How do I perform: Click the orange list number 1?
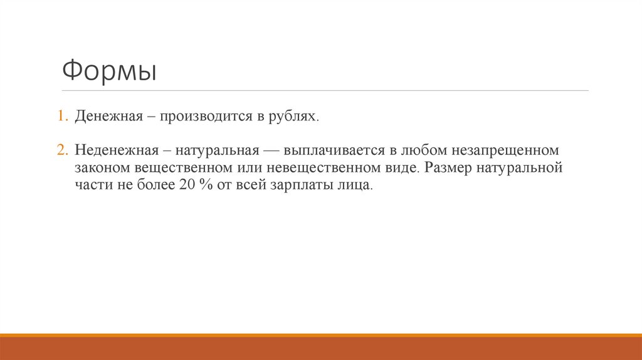pos(63,117)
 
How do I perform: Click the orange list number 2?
pos(63,151)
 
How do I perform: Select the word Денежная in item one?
pos(106,117)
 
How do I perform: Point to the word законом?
pos(102,169)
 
